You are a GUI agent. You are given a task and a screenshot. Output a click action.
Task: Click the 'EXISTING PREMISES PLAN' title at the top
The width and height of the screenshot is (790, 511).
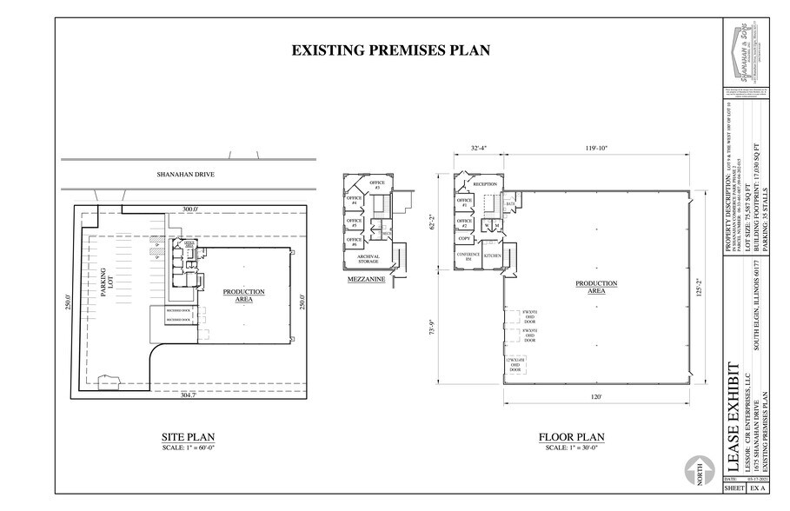(x=390, y=50)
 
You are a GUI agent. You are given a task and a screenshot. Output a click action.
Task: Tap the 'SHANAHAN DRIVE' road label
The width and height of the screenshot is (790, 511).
(x=185, y=175)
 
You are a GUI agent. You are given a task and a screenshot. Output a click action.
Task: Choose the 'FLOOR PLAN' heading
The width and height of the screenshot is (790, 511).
(x=571, y=437)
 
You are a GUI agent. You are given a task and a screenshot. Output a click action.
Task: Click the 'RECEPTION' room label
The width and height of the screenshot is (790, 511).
(x=484, y=185)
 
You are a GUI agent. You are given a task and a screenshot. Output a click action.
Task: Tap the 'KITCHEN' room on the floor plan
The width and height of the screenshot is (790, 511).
(x=493, y=256)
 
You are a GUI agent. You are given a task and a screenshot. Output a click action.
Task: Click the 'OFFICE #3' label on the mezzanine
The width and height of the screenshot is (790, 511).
(x=376, y=185)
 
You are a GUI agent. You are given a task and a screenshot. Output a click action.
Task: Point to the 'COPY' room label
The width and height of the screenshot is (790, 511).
(x=465, y=237)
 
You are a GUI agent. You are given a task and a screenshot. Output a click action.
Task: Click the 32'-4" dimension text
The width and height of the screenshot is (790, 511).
(x=479, y=149)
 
